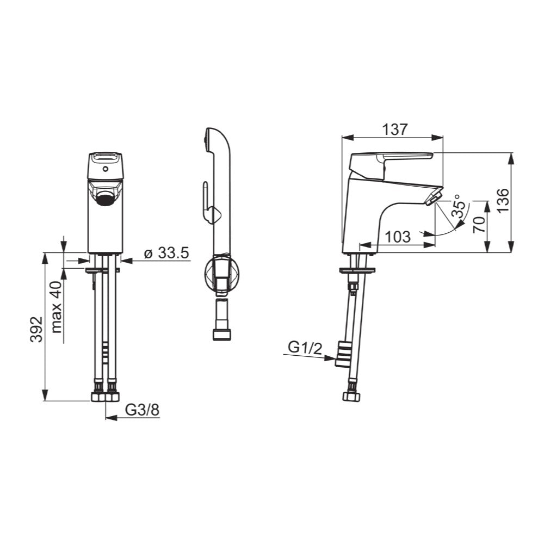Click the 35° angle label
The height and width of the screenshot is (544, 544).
459,207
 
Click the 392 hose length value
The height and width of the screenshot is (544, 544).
35,329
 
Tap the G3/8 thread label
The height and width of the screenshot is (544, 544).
142,410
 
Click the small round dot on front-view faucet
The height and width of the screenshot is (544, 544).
105,169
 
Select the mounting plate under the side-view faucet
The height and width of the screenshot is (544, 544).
357,270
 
